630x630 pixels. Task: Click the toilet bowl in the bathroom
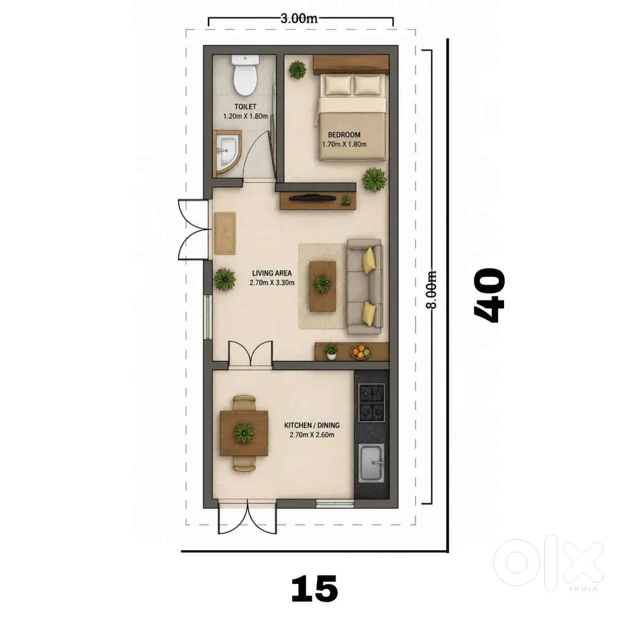point(245,74)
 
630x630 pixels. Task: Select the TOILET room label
point(246,106)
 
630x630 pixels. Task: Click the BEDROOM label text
point(344,135)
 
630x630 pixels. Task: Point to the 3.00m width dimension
point(299,18)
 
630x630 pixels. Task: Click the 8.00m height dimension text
point(431,290)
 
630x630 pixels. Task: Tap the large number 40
point(489,295)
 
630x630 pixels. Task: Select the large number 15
point(314,588)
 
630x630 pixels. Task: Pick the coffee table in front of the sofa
point(323,286)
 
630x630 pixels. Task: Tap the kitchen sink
point(372,463)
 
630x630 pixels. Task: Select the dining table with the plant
point(244,433)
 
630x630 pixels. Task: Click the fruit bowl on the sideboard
point(361,352)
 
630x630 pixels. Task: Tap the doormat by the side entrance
point(225,234)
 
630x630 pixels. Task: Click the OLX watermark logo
point(548,562)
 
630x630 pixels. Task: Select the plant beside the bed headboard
point(297,69)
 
